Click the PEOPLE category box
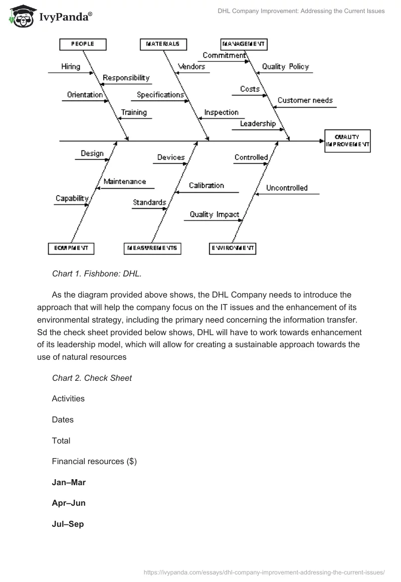[83, 45]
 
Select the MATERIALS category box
[163, 45]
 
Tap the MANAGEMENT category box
[244, 45]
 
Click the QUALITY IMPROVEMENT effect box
[348, 140]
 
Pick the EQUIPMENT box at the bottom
[71, 248]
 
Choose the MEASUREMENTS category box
[153, 248]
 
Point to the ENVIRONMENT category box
[233, 248]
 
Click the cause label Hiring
[70, 67]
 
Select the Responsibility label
[126, 78]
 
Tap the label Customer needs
[305, 100]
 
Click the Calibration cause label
[206, 186]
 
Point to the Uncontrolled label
[287, 188]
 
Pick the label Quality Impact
[214, 215]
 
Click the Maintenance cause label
[125, 182]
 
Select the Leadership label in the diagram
[258, 123]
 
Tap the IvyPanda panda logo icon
[21, 16]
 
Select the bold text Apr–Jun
[69, 503]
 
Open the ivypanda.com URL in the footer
[264, 571]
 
